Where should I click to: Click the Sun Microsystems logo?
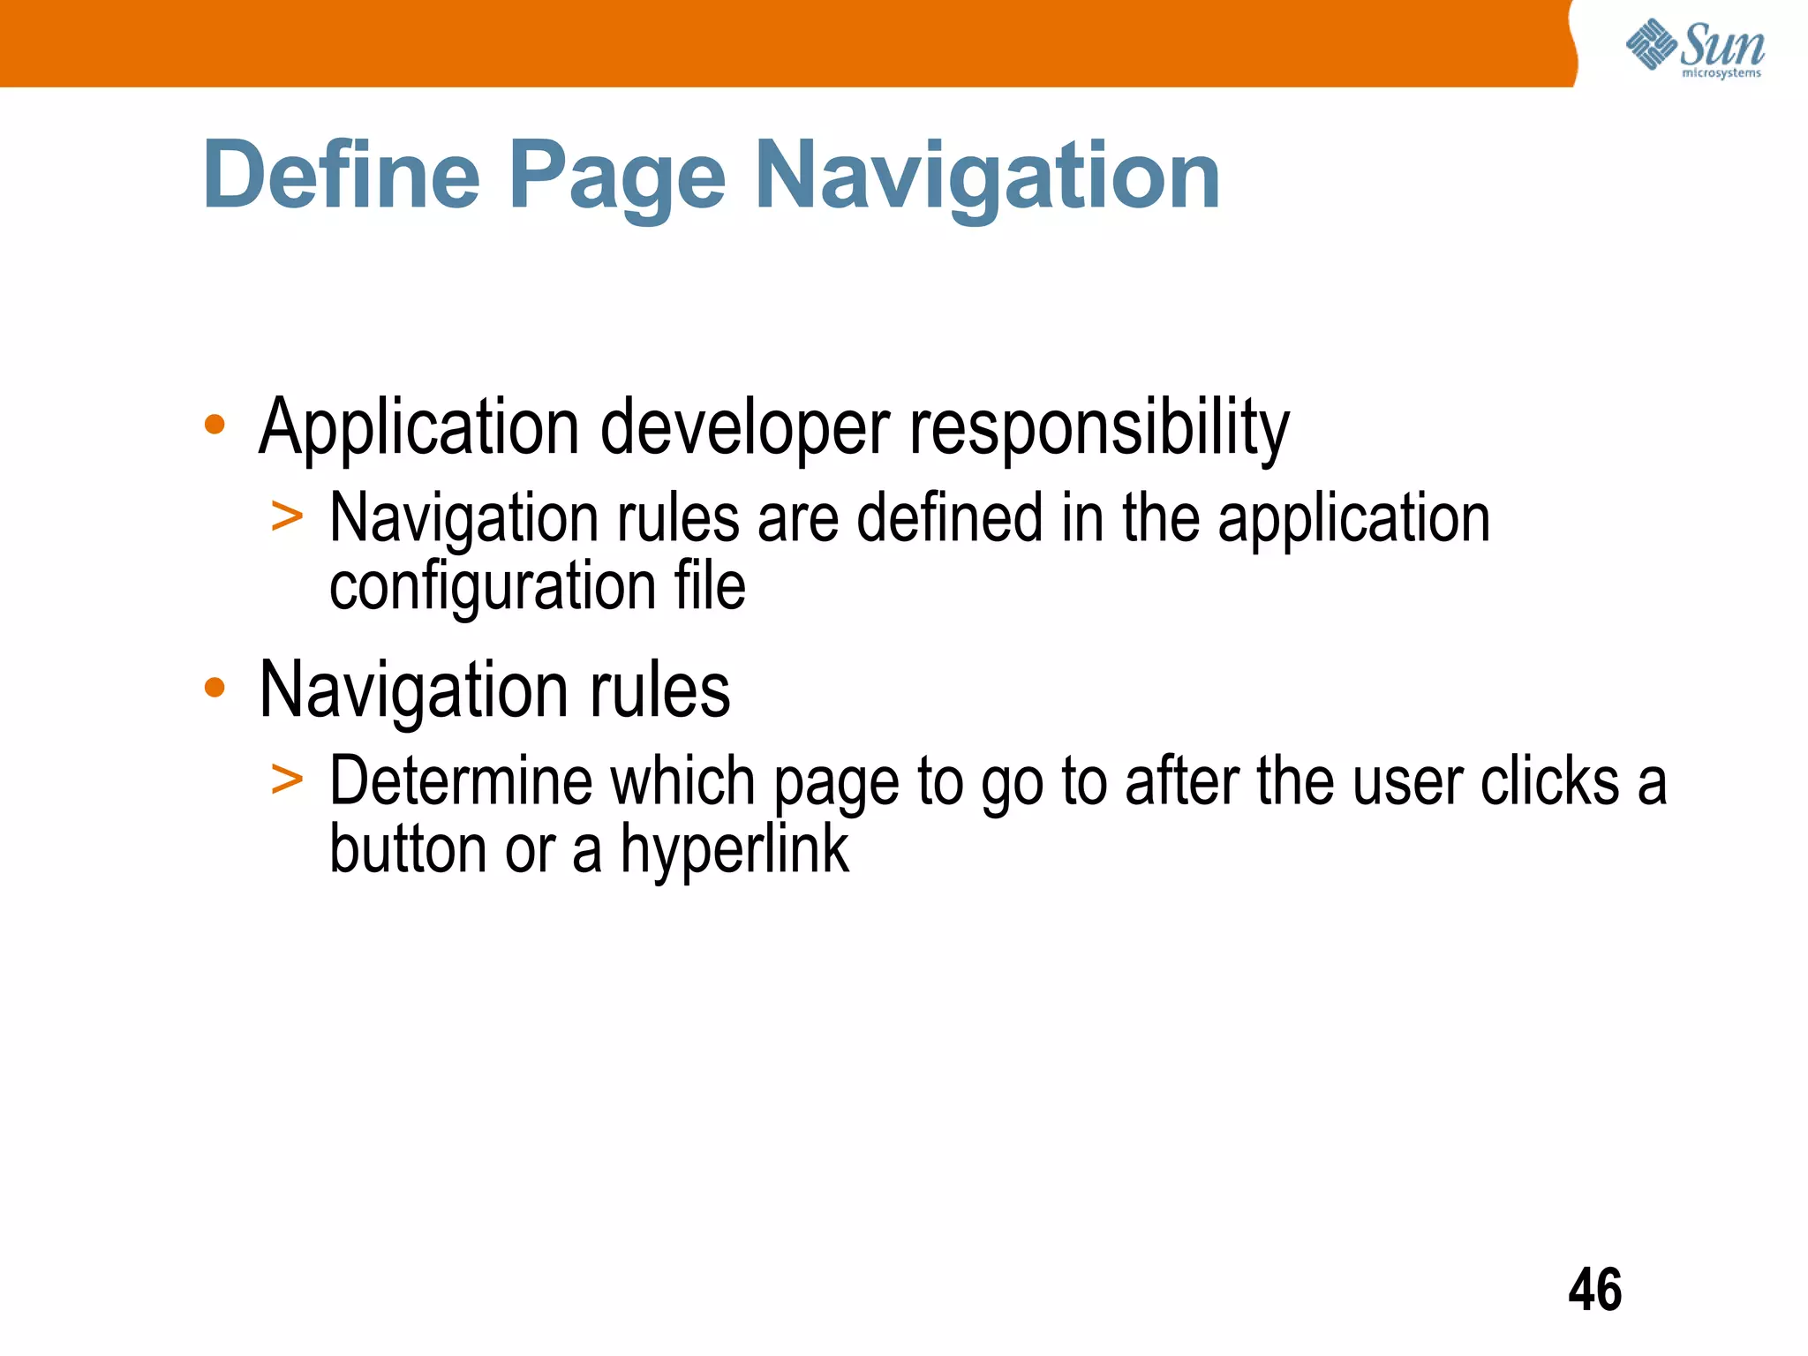(1695, 48)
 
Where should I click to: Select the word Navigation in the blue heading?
(987, 177)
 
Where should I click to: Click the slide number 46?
(1594, 1290)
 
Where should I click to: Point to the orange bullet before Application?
(215, 426)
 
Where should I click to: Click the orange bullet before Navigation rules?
(215, 688)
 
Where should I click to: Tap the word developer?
(744, 429)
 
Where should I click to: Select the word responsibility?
(1099, 429)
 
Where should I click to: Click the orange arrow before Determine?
(287, 779)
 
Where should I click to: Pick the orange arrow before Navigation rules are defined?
(287, 516)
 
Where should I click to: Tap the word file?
(710, 586)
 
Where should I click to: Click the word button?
(408, 849)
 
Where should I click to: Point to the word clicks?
(1549, 782)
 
